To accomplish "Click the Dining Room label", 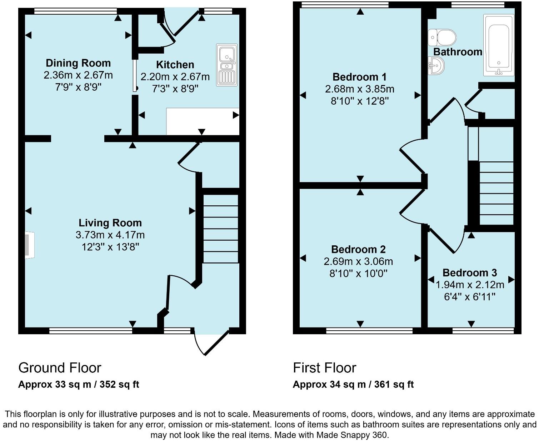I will pyautogui.click(x=78, y=63).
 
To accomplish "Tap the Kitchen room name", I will pyautogui.click(x=175, y=65).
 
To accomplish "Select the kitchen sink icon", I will pyautogui.click(x=226, y=65).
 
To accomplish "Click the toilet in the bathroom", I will pyautogui.click(x=442, y=37).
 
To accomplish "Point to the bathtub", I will pyautogui.click(x=499, y=45).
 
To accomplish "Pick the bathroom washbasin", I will pyautogui.click(x=436, y=66).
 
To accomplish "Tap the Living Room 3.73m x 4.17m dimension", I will pyautogui.click(x=110, y=235).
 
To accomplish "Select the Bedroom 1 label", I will pyautogui.click(x=359, y=77).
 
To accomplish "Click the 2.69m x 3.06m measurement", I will pyautogui.click(x=358, y=261).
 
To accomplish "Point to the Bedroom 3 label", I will pyautogui.click(x=469, y=273).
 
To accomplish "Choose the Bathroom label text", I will pyautogui.click(x=458, y=52).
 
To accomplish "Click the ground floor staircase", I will pyautogui.click(x=220, y=229).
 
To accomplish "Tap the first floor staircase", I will pyautogui.click(x=496, y=193).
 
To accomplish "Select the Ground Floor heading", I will pyautogui.click(x=60, y=367).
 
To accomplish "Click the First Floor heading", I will pyautogui.click(x=324, y=367).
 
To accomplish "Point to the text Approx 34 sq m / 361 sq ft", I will pyautogui.click(x=353, y=384).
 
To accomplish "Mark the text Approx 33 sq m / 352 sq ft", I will pyautogui.click(x=78, y=384).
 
